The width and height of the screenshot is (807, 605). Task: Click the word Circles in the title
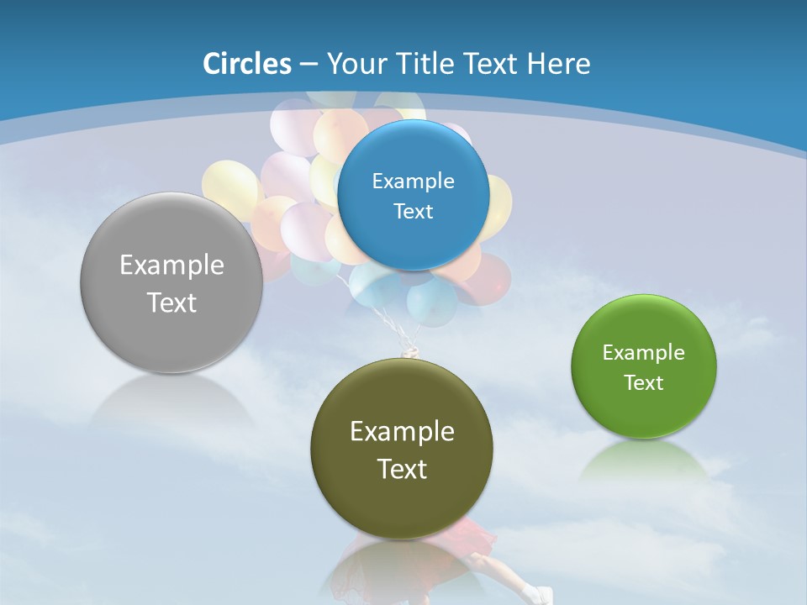(246, 64)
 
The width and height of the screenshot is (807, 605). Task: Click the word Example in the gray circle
(171, 266)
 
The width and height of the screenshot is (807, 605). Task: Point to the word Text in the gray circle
(171, 302)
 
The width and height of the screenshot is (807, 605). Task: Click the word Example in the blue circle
(413, 181)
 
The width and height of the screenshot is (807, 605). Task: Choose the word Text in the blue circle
(413, 211)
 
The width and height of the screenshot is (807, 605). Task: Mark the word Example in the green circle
(644, 353)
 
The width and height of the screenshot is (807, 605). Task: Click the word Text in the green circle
(644, 383)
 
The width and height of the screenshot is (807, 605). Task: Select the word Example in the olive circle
(402, 432)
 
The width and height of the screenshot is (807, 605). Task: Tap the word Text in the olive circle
(402, 469)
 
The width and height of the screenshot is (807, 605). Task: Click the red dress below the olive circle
(475, 538)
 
